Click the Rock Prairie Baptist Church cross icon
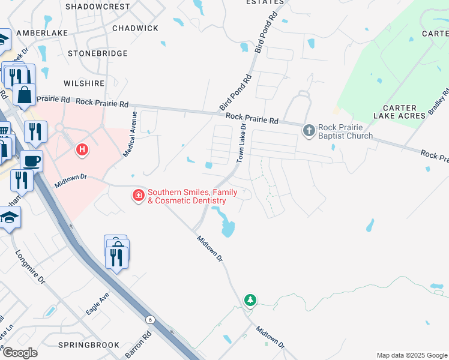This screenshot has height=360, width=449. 309,130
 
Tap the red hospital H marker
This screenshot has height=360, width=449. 82,149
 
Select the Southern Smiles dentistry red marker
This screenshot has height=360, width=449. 139,196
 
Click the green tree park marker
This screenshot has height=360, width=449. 250,299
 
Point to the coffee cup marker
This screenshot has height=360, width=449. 31,161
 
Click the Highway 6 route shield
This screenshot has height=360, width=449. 150,320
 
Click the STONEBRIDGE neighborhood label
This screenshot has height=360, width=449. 97,53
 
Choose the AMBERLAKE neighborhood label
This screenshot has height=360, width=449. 41,33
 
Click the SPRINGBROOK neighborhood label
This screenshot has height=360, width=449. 82,345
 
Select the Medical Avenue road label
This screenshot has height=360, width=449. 130,134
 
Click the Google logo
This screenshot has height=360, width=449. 19,353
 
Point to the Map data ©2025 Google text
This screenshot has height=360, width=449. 411,355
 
